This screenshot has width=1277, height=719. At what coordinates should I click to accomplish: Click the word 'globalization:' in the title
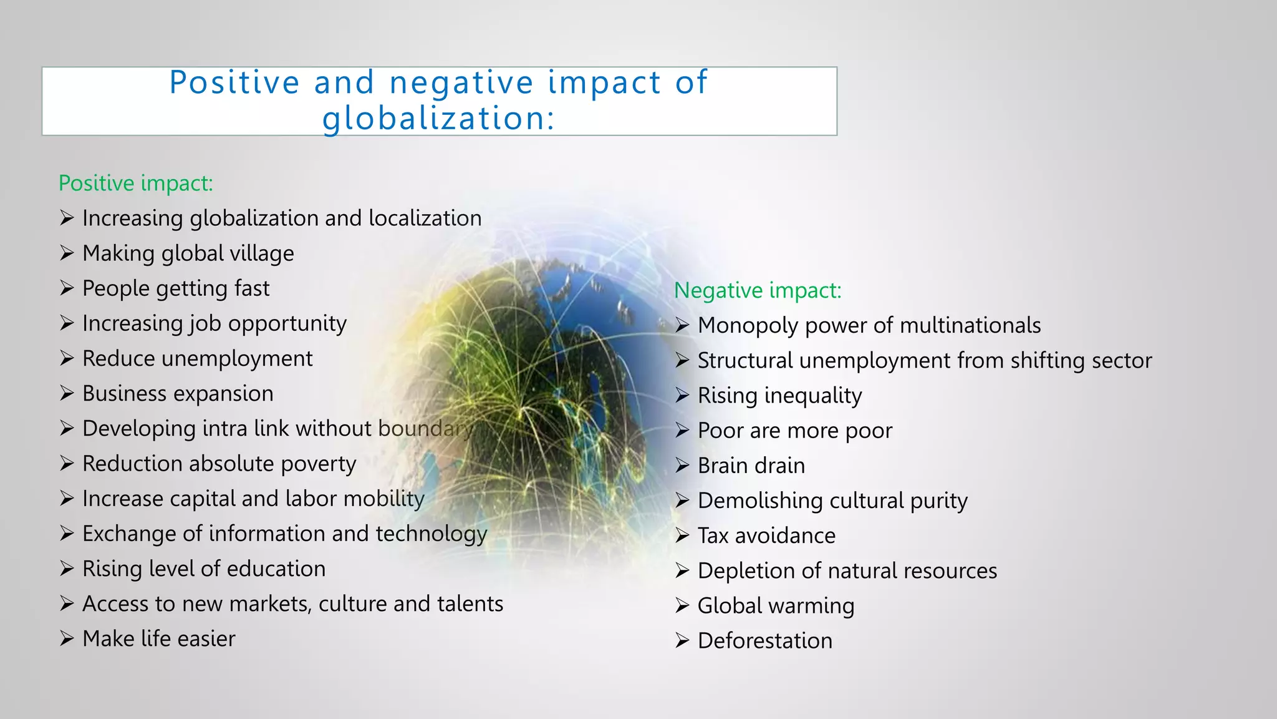438,118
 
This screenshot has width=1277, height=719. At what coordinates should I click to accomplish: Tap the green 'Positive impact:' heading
136,183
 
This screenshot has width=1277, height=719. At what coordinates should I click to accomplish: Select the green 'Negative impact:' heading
758,290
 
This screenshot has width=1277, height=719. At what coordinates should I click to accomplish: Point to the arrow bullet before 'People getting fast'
67,288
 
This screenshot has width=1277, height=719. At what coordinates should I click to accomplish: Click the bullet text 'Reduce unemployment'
197,359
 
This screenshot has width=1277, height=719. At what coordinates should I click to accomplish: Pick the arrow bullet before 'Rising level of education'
67,569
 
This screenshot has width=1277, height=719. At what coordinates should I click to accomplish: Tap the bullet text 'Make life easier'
158,639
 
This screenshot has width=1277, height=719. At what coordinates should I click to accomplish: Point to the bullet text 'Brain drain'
751,466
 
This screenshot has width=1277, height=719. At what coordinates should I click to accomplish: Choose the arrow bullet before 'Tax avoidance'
682,536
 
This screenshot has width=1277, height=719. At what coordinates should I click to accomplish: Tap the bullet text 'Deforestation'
764,641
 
